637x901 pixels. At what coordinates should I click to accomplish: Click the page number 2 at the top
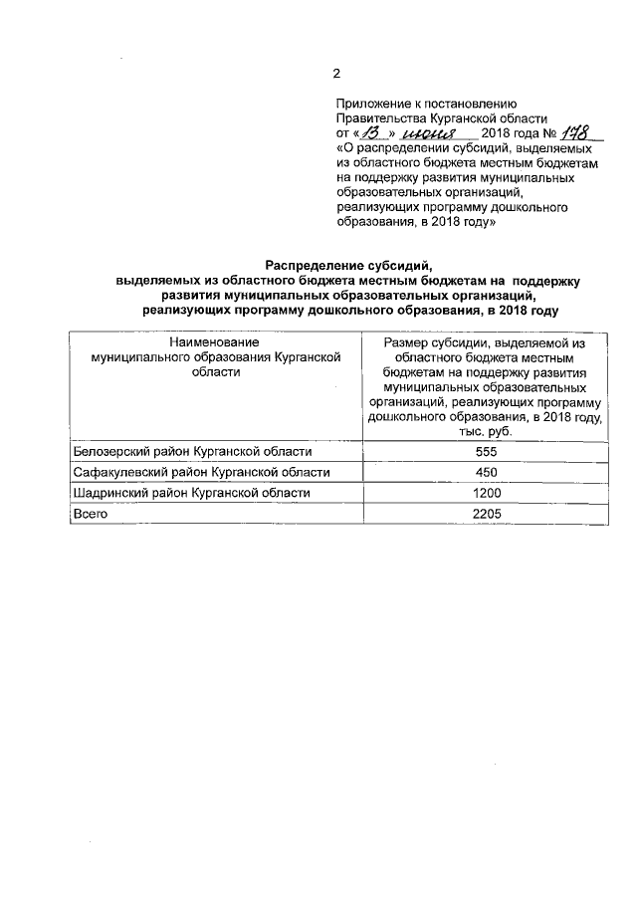(x=336, y=74)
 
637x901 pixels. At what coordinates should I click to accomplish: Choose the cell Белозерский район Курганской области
(x=185, y=452)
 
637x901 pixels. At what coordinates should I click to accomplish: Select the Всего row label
(x=91, y=514)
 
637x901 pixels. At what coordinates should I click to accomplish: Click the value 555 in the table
(x=485, y=452)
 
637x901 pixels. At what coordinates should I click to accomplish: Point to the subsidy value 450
(x=485, y=472)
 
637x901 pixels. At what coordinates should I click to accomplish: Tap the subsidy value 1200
(x=485, y=493)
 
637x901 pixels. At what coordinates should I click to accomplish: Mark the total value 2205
(x=485, y=514)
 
